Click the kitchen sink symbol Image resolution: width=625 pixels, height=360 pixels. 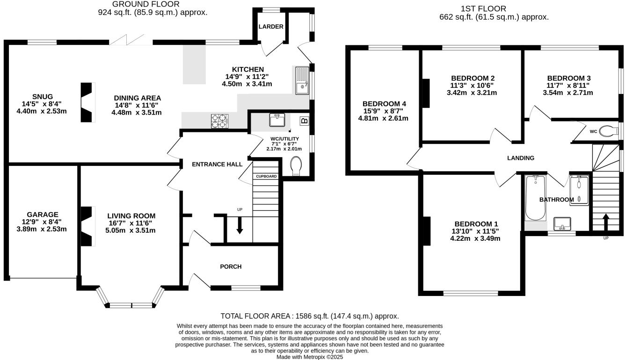click(x=302, y=80)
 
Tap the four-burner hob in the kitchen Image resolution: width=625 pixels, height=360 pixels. click(x=219, y=121)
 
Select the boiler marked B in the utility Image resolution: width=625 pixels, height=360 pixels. click(x=304, y=121)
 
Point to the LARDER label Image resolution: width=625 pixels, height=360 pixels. click(x=271, y=27)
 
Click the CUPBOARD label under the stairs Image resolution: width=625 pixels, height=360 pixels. click(x=266, y=176)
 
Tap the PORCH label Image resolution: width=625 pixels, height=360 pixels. click(x=231, y=266)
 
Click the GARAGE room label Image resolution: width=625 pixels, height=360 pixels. click(x=42, y=215)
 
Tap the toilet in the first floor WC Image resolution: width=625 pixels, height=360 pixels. click(x=608, y=131)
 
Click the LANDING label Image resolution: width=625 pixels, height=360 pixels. click(x=521, y=158)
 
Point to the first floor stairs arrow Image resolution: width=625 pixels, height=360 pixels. click(x=605, y=222)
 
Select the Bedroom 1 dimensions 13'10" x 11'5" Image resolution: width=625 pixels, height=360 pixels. click(x=475, y=231)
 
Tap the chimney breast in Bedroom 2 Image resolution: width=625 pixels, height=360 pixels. click(x=426, y=94)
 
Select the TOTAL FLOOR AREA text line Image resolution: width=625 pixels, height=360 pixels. click(x=309, y=316)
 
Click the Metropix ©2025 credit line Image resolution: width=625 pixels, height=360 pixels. click(x=310, y=357)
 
